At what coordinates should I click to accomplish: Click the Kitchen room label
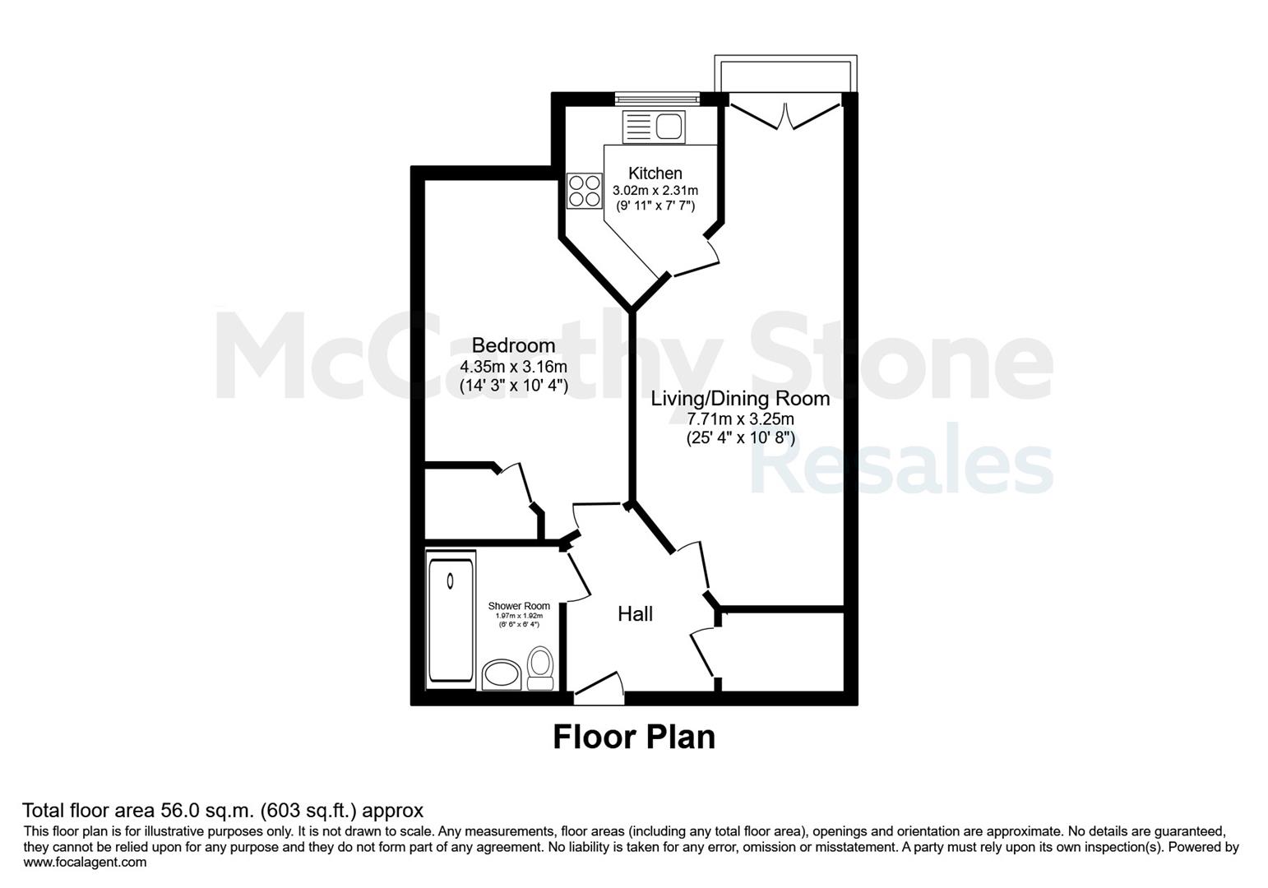pos(655,173)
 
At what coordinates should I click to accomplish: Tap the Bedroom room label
pos(513,345)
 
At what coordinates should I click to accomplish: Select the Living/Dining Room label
pos(740,399)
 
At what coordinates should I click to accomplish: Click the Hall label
pos(635,614)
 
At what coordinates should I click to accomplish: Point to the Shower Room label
pos(519,606)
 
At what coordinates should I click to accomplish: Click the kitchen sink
pos(654,127)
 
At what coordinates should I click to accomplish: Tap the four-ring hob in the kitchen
pos(584,191)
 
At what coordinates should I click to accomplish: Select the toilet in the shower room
pos(540,668)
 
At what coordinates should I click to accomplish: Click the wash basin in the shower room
pos(502,674)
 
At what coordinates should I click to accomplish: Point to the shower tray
pos(451,620)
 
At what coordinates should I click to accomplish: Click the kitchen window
pos(658,99)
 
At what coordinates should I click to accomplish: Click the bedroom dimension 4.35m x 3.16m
pos(513,367)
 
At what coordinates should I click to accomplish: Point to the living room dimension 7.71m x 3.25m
pos(740,419)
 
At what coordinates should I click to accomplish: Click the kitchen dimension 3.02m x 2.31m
pos(655,191)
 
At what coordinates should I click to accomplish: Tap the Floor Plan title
pos(634,737)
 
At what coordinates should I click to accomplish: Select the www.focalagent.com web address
pos(85,863)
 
